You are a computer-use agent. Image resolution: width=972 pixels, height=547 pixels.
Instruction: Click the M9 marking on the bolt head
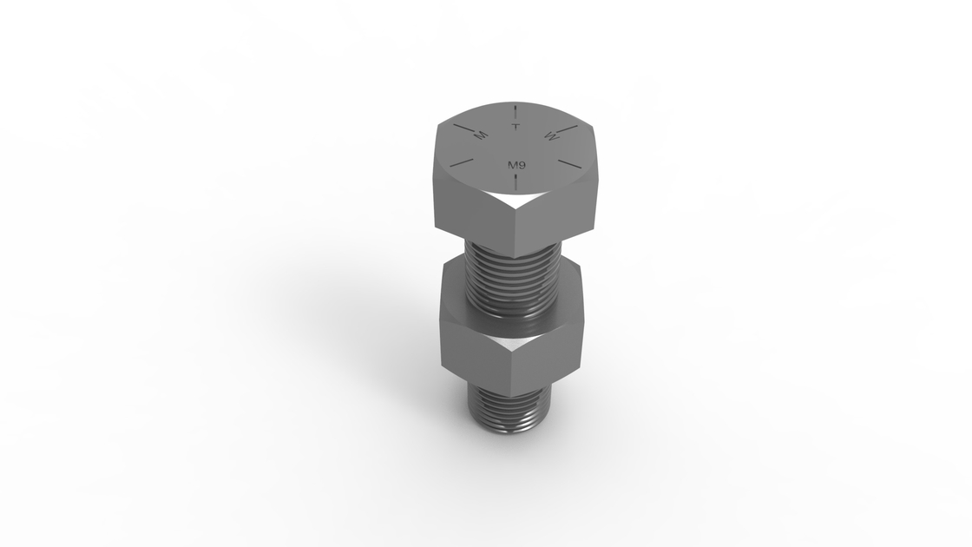[x=516, y=165]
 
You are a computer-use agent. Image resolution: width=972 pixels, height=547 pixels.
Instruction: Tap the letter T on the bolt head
[x=516, y=127]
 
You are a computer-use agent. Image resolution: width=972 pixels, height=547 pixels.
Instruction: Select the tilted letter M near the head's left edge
[x=480, y=135]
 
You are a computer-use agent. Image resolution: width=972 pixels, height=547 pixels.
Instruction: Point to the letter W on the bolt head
[x=552, y=135]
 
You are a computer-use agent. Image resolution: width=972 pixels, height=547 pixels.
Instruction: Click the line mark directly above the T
[x=516, y=112]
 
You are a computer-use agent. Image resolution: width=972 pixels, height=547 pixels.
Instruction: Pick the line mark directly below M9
[x=516, y=181]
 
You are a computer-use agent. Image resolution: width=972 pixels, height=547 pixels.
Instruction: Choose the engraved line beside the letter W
[x=568, y=129]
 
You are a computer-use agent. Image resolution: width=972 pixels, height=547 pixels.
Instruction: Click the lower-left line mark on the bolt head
[x=462, y=161]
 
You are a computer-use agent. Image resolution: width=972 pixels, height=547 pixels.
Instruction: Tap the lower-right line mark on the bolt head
[x=569, y=163]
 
